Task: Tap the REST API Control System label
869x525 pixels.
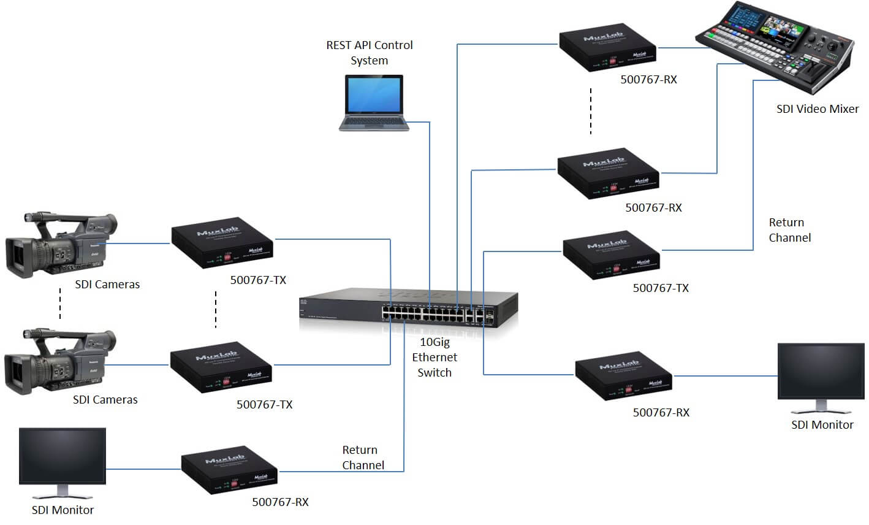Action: coord(369,53)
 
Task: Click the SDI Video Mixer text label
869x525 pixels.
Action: coord(818,109)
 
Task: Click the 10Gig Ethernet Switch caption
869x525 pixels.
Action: coord(434,357)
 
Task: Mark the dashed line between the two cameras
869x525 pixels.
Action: coord(60,303)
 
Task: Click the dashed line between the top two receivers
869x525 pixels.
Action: coord(591,111)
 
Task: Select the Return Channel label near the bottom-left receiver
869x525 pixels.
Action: coord(363,458)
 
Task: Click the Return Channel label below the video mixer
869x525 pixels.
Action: coord(789,230)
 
